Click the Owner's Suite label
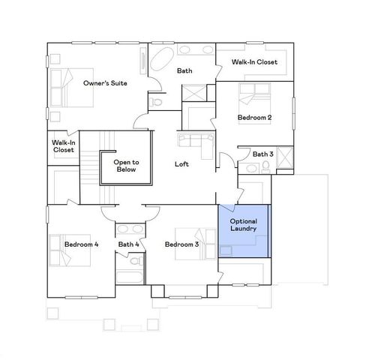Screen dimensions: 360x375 click(x=103, y=82)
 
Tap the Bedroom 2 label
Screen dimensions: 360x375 click(x=254, y=118)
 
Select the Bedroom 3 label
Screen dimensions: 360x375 click(x=181, y=244)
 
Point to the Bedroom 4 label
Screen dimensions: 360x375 click(x=81, y=244)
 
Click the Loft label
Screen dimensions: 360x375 click(x=181, y=164)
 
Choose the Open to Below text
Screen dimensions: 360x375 click(x=126, y=166)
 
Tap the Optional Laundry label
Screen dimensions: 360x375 click(x=243, y=226)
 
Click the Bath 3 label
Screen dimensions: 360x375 click(x=262, y=154)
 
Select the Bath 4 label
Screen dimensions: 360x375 click(x=128, y=244)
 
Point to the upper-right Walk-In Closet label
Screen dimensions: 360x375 click(x=254, y=61)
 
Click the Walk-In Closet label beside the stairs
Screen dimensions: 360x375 click(x=63, y=146)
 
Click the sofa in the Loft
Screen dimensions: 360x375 click(x=195, y=141)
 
